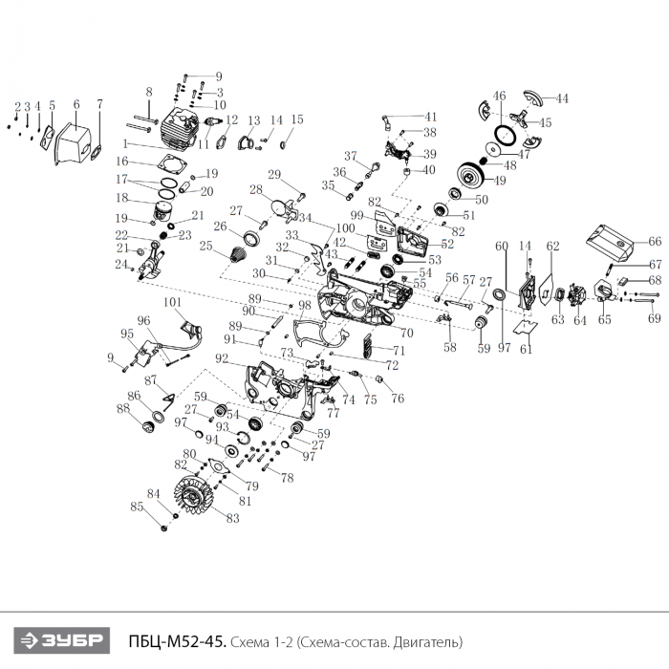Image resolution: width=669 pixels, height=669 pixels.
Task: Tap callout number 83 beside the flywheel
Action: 232,518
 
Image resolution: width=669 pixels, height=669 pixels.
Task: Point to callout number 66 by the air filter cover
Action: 656,241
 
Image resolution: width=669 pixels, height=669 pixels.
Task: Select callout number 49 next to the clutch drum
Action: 501,180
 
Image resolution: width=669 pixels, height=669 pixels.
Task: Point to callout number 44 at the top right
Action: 562,98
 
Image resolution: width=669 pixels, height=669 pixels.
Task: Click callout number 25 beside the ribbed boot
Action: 205,246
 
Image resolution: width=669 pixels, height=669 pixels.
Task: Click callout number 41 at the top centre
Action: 431,117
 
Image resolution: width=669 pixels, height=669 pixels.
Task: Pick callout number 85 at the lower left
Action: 136,507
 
